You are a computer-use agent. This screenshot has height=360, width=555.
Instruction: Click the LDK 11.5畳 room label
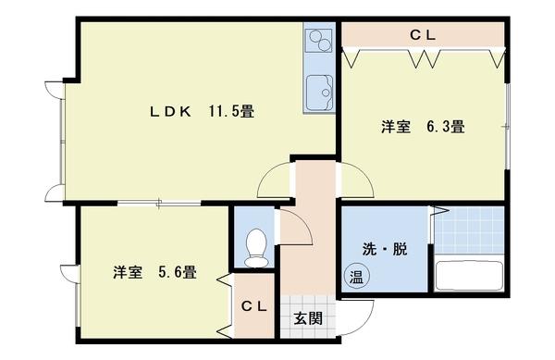[x=203, y=111]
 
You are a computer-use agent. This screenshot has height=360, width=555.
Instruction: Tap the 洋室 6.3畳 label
[x=422, y=128]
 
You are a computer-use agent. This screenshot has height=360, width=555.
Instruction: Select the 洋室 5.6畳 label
[x=154, y=273]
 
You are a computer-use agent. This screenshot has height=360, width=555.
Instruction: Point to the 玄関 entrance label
[x=308, y=319]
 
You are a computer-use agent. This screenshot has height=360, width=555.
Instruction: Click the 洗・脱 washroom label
[x=385, y=249]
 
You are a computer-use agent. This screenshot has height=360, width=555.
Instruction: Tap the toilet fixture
[x=255, y=245]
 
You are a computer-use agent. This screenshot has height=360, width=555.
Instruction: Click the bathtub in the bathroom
[x=468, y=276]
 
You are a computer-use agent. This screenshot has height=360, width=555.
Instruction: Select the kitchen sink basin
[x=320, y=92]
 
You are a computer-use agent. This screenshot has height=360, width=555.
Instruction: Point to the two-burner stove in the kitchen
[x=320, y=42]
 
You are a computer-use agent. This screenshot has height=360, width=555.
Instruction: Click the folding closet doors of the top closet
[x=424, y=59]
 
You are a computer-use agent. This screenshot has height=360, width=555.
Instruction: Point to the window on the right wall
[x=507, y=124]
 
